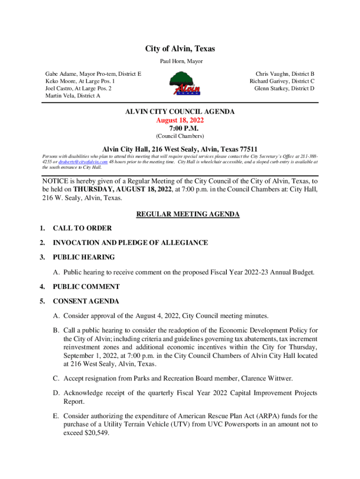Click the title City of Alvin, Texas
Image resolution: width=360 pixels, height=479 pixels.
(180, 49)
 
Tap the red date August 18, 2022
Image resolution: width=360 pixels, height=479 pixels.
(180, 120)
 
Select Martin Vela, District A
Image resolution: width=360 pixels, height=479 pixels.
(72, 95)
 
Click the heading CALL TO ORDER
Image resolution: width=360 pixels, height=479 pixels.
(82, 228)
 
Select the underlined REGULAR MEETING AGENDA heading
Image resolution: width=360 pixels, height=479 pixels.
(187, 214)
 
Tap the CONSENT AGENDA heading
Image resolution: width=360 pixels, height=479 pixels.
(86, 301)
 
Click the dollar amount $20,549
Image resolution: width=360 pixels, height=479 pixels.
(92, 433)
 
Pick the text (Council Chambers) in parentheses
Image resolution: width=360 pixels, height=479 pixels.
(180, 136)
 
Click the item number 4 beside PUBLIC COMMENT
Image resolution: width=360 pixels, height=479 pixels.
(42, 287)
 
